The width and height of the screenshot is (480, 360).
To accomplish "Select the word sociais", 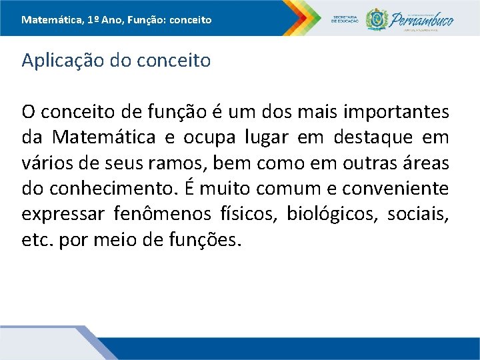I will click(x=421, y=215).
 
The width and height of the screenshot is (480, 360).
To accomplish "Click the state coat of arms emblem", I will click(x=377, y=18).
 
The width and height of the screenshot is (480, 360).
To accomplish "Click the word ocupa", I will click(x=194, y=138).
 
